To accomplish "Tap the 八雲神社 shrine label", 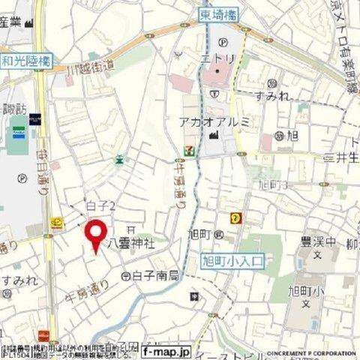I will (131, 243).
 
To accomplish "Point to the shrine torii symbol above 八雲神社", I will (130, 229).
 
